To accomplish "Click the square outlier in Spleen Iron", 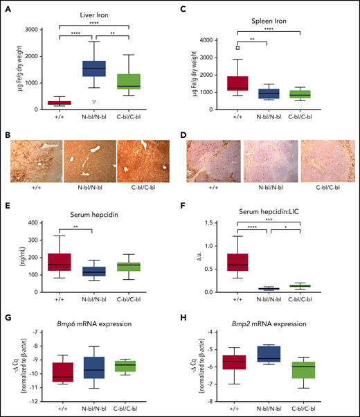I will coord(237,48).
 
